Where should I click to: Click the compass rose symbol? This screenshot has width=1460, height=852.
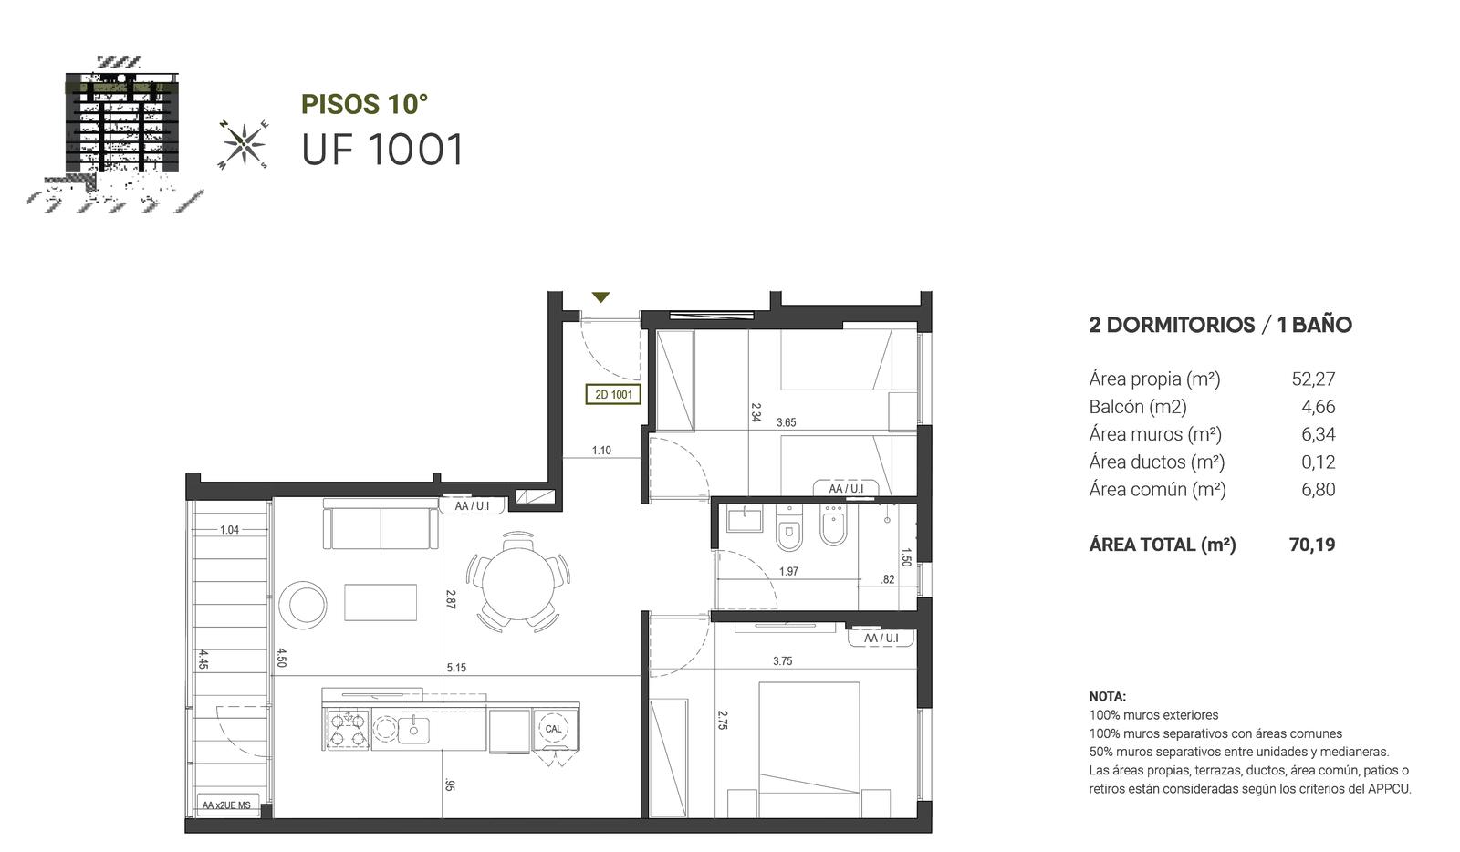pos(244,144)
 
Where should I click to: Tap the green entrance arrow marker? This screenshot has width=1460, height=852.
pos(600,297)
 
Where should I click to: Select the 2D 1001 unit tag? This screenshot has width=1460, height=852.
pos(612,395)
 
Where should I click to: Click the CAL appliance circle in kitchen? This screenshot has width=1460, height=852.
pos(553,728)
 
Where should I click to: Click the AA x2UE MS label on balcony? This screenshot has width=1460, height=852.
pos(226,805)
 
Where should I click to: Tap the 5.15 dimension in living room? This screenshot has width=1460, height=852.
pos(456,668)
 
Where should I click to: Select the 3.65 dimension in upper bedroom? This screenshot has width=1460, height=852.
pos(786,422)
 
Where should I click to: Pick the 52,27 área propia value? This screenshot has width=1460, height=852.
pos(1313,379)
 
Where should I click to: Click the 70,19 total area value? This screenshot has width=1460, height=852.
pos(1312,545)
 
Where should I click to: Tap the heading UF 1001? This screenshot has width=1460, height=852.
pos(382,150)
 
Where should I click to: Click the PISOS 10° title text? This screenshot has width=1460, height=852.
pos(364,104)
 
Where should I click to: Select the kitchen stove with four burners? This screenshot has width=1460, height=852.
pos(347,728)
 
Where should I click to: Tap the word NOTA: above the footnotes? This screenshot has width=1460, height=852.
pos(1108,696)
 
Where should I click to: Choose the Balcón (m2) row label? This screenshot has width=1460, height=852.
pos(1138,407)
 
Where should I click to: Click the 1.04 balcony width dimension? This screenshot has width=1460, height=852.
pos(229,530)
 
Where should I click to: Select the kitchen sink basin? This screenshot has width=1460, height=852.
pos(414,729)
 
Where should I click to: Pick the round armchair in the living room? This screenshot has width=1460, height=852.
pos(303,605)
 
